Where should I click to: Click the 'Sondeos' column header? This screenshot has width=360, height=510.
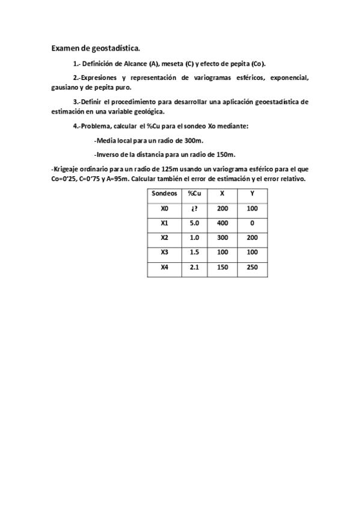pyautogui.click(x=165, y=194)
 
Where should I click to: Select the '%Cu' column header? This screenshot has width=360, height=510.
pyautogui.click(x=194, y=194)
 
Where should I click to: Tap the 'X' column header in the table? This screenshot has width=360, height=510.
pyautogui.click(x=222, y=194)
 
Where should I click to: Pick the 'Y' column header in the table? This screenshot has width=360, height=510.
pyautogui.click(x=252, y=194)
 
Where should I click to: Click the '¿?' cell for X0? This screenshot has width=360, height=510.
pyautogui.click(x=194, y=208)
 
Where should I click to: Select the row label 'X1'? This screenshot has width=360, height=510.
pyautogui.click(x=165, y=223)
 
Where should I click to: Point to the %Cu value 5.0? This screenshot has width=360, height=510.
pyautogui.click(x=194, y=223)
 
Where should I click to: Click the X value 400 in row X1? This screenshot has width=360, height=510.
pyautogui.click(x=222, y=223)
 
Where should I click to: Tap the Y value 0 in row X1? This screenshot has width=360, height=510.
pyautogui.click(x=252, y=223)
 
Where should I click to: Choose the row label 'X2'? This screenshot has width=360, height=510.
pyautogui.click(x=165, y=238)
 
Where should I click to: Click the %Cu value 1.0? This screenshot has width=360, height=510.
pyautogui.click(x=194, y=238)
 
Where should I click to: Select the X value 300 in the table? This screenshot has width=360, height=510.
pyautogui.click(x=222, y=238)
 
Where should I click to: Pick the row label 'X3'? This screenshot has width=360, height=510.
pyautogui.click(x=165, y=252)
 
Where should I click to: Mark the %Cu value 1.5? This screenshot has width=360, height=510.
pyautogui.click(x=194, y=252)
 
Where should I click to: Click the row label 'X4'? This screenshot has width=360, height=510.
pyautogui.click(x=165, y=267)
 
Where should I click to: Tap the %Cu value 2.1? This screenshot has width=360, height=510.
pyautogui.click(x=194, y=267)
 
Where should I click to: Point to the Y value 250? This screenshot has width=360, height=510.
pyautogui.click(x=252, y=267)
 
